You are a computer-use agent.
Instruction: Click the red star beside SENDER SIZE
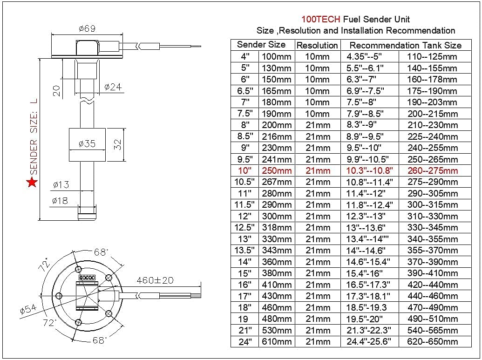(x=32, y=182)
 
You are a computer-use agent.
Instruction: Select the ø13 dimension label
(x=61, y=184)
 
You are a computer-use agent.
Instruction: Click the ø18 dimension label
(x=61, y=201)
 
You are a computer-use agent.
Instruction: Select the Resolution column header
(x=317, y=45)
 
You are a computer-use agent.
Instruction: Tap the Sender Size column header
(x=261, y=45)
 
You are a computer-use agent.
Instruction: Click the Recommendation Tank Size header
(x=405, y=45)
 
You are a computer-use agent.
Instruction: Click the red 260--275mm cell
(x=433, y=170)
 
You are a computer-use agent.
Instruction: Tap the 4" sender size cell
(x=245, y=56)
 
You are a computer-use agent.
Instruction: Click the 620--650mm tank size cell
(x=433, y=342)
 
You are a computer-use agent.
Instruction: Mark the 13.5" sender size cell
(x=245, y=251)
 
